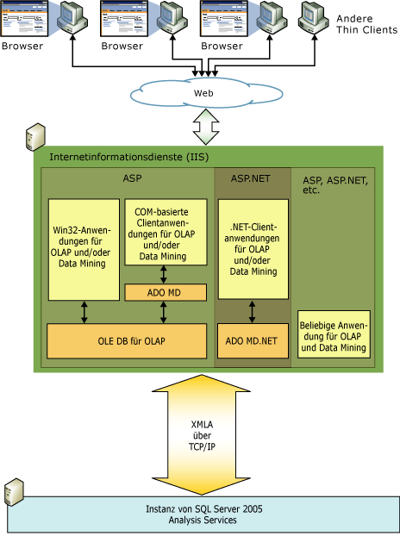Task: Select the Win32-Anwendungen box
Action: click(x=84, y=250)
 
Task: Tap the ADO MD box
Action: click(x=165, y=293)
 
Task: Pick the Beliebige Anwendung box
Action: click(x=334, y=335)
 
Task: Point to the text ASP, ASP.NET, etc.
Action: click(x=333, y=184)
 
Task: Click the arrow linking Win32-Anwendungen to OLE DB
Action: click(x=84, y=312)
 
